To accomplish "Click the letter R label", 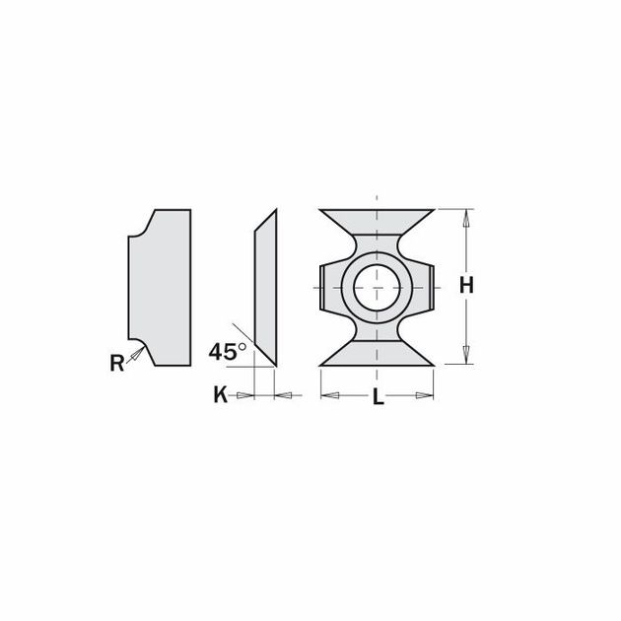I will (x=117, y=363).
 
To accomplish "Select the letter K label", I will (x=221, y=396).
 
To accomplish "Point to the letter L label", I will (x=378, y=398).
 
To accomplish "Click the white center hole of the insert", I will (x=378, y=287).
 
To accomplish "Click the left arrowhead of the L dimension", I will (x=329, y=396).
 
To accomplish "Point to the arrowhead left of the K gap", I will (x=247, y=396).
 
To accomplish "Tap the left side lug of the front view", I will (x=328, y=287).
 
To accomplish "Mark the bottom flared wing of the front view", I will (x=378, y=353).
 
